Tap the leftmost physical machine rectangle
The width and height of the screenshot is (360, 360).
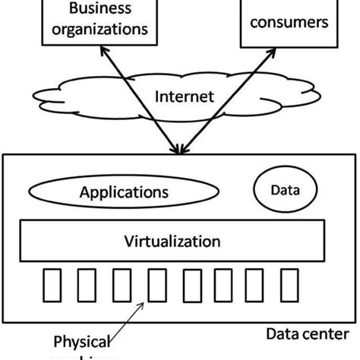point(51,284)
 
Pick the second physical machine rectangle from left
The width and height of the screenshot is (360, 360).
point(85,284)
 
